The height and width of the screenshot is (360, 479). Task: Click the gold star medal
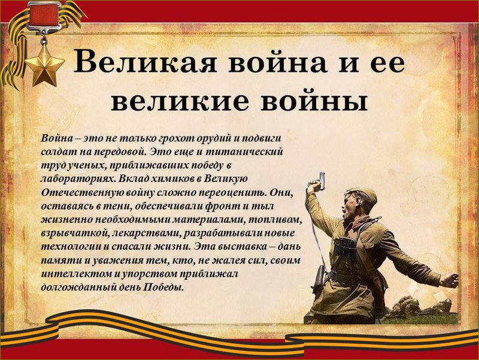click(44, 65)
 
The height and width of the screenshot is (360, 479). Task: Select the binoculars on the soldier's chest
click(345, 247)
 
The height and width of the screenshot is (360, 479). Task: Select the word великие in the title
click(180, 101)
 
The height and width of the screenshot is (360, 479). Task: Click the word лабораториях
click(78, 179)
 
